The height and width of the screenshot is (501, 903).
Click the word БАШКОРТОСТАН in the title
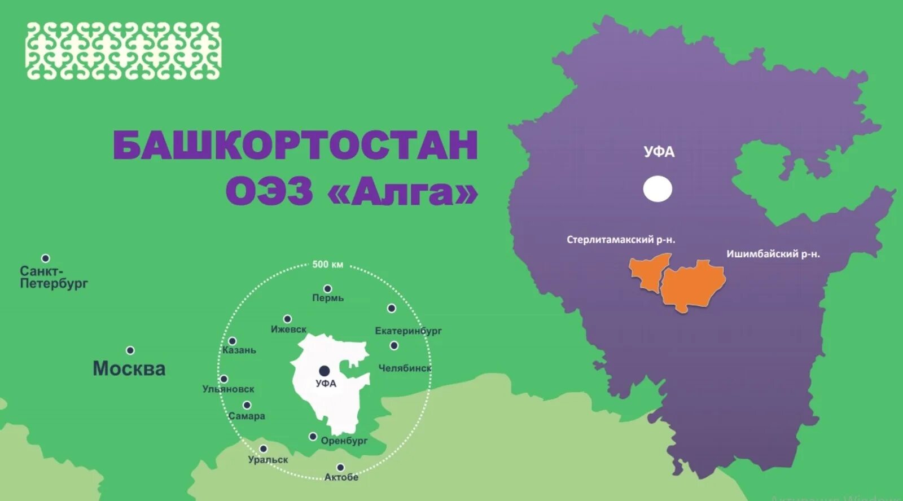[296, 146]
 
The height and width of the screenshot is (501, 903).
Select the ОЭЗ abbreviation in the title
[269, 192]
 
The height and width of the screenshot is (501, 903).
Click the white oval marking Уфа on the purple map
[657, 189]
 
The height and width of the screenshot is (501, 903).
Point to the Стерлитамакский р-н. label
[621, 240]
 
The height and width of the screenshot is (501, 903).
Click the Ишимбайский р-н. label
[773, 254]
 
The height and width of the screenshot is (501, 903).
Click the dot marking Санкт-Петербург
[46, 258]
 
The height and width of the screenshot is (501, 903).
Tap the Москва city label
[129, 369]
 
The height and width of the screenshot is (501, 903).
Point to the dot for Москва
[130, 350]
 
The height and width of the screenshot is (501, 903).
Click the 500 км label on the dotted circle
[328, 265]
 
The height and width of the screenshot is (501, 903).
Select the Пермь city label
[328, 298]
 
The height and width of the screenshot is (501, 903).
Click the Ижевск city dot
[287, 319]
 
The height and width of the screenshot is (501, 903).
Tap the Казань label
[239, 350]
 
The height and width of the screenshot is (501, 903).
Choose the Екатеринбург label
[408, 331]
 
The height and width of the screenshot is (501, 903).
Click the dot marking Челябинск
[394, 345]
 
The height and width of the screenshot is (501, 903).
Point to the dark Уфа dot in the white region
[324, 371]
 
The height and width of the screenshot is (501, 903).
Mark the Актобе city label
[341, 477]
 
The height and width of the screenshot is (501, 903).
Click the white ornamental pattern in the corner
[123, 51]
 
